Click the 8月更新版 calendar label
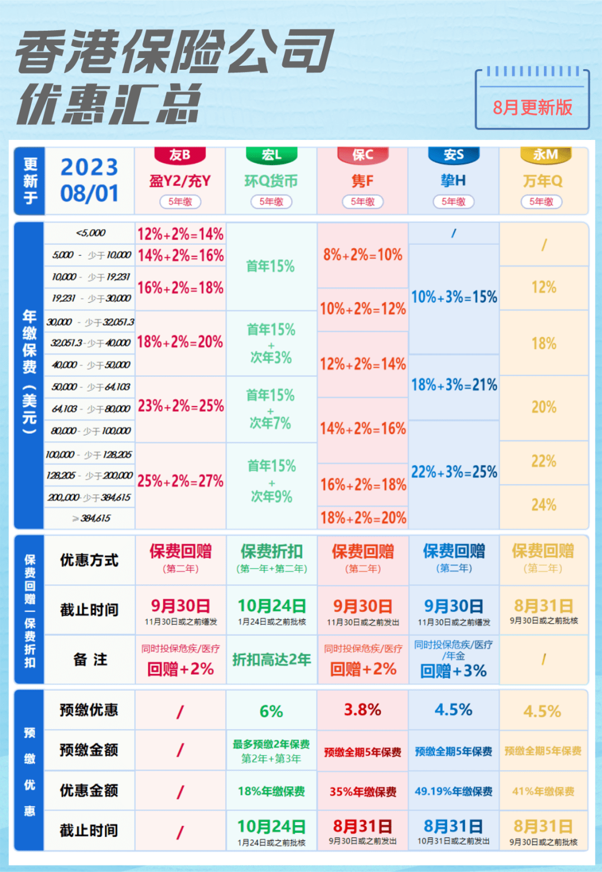(532, 107)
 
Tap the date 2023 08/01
(89, 180)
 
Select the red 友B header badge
(180, 155)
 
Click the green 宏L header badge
(271, 155)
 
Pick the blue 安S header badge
(454, 155)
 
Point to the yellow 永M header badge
(545, 155)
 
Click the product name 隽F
(362, 181)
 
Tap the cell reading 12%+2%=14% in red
(181, 234)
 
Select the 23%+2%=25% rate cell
(181, 406)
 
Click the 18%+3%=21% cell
(454, 385)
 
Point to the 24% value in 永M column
(543, 505)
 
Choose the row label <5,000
(90, 233)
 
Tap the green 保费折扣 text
(271, 551)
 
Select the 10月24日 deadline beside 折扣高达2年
(271, 606)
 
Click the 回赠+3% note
(453, 671)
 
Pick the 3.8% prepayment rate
(362, 710)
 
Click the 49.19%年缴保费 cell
(453, 791)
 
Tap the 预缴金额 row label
(89, 750)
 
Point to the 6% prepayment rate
(271, 711)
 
